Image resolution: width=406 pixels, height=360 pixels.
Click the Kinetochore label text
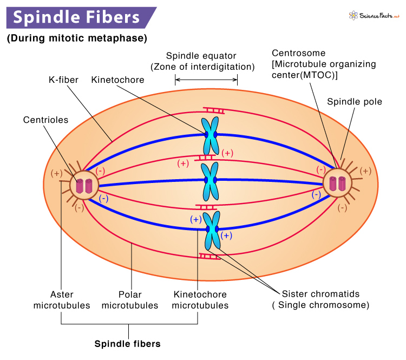coord(117,80)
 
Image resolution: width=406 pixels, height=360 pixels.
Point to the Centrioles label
coord(45,120)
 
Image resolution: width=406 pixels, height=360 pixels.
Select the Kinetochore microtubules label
coord(200,300)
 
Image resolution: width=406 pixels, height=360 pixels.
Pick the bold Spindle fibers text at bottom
coord(128,344)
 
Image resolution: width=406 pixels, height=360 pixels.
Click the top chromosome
coord(209,135)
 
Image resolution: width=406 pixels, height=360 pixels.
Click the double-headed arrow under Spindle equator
coord(206,80)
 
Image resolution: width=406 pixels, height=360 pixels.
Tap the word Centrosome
coord(298,53)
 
